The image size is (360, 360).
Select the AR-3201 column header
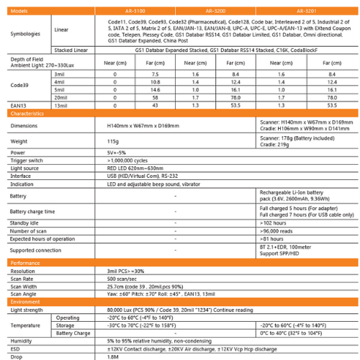[309, 12]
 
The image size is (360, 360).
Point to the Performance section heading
[25, 264]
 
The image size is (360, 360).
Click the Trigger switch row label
[27, 160]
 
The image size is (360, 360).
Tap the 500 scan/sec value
[122, 278]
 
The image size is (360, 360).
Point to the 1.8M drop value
[112, 356]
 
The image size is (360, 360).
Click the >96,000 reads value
[276, 230]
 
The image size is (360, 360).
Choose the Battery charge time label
[32, 212]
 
